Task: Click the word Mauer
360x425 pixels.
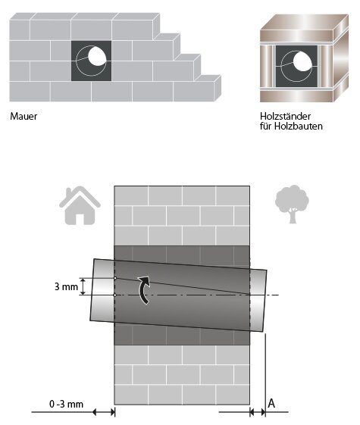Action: coord(23,117)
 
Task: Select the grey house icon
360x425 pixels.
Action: coord(80,204)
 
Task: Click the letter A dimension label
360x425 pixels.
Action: coord(271,405)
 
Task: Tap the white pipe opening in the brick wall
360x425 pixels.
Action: coord(95,58)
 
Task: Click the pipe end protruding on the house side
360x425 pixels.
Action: coord(102,292)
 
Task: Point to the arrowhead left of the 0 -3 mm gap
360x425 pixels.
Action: coord(97,412)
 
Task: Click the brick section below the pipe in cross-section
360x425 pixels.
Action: coord(182,375)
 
